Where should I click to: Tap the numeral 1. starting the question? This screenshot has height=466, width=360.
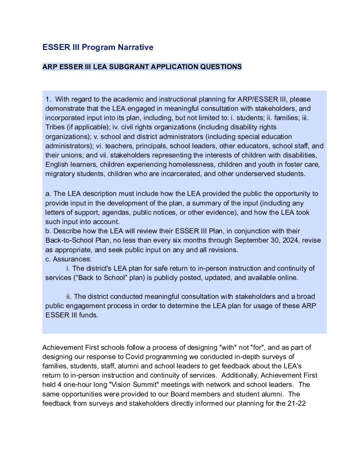point(48,99)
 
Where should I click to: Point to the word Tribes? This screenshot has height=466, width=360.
point(55,127)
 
